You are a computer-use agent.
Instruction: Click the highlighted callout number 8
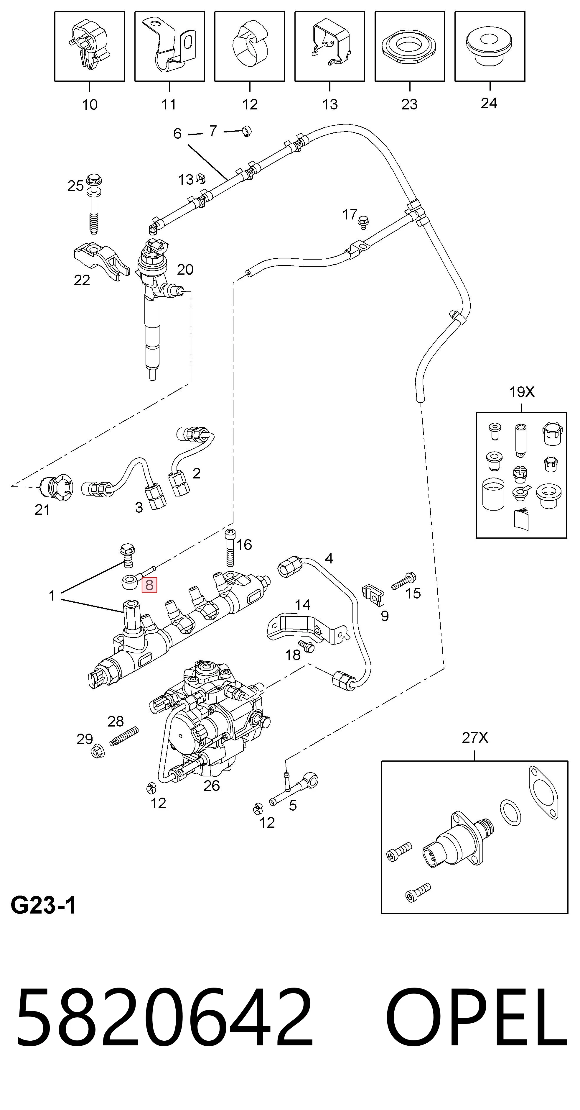[149, 585]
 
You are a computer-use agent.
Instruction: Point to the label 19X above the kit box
[521, 392]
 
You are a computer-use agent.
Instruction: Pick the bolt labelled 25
[94, 203]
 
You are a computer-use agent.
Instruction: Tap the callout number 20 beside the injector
[185, 269]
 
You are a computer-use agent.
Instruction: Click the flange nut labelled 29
[98, 752]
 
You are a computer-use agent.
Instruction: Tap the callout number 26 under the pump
[211, 786]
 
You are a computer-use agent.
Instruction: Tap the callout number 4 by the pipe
[329, 558]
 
